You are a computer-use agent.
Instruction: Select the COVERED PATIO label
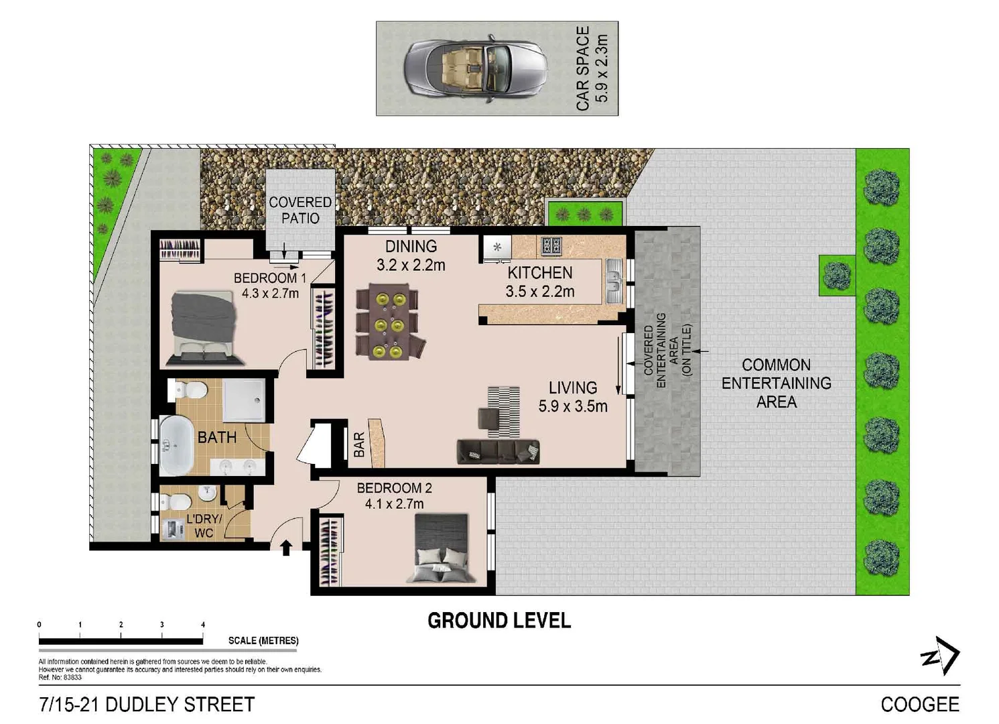300,210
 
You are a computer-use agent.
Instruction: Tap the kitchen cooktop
551,246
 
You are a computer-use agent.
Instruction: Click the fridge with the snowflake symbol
497,247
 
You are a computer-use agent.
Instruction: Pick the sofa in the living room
498,451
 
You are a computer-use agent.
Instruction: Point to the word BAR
359,444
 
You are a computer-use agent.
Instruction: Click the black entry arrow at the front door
285,548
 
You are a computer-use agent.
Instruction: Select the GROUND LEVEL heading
499,621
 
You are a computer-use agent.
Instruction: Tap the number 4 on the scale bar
203,625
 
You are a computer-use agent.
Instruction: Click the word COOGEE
919,705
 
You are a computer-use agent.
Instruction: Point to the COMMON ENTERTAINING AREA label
776,383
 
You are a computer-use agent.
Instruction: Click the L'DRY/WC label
204,526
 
